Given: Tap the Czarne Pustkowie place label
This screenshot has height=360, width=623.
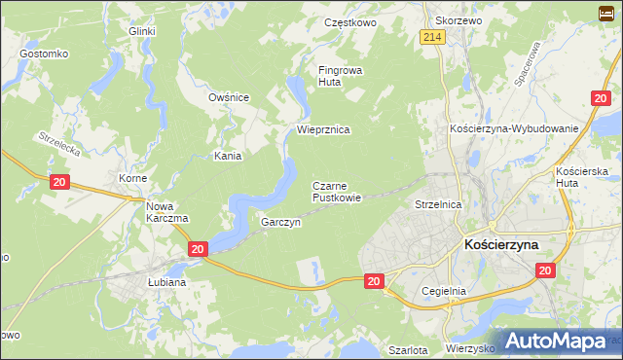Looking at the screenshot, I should pyautogui.click(x=337, y=191).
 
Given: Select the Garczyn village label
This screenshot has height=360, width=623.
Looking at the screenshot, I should pyautogui.click(x=280, y=222).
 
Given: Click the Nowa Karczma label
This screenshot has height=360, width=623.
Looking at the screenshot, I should pyautogui.click(x=166, y=212).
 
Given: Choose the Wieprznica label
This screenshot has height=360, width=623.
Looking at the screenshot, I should pyautogui.click(x=323, y=128).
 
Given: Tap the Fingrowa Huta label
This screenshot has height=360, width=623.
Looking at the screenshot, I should pyautogui.click(x=340, y=76).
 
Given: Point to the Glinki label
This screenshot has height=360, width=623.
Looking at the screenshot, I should pyautogui.click(x=143, y=31).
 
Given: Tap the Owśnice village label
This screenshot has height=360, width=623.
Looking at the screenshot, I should pyautogui.click(x=229, y=97).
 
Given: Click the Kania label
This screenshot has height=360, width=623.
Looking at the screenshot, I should pyautogui.click(x=228, y=155).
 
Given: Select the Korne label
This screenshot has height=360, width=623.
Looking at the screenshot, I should pyautogui.click(x=132, y=179).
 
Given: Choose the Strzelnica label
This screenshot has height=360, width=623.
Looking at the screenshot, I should pyautogui.click(x=437, y=205).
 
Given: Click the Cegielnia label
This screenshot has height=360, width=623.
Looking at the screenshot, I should pyautogui.click(x=445, y=290).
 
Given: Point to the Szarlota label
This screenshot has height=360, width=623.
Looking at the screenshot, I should pyautogui.click(x=408, y=349).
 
